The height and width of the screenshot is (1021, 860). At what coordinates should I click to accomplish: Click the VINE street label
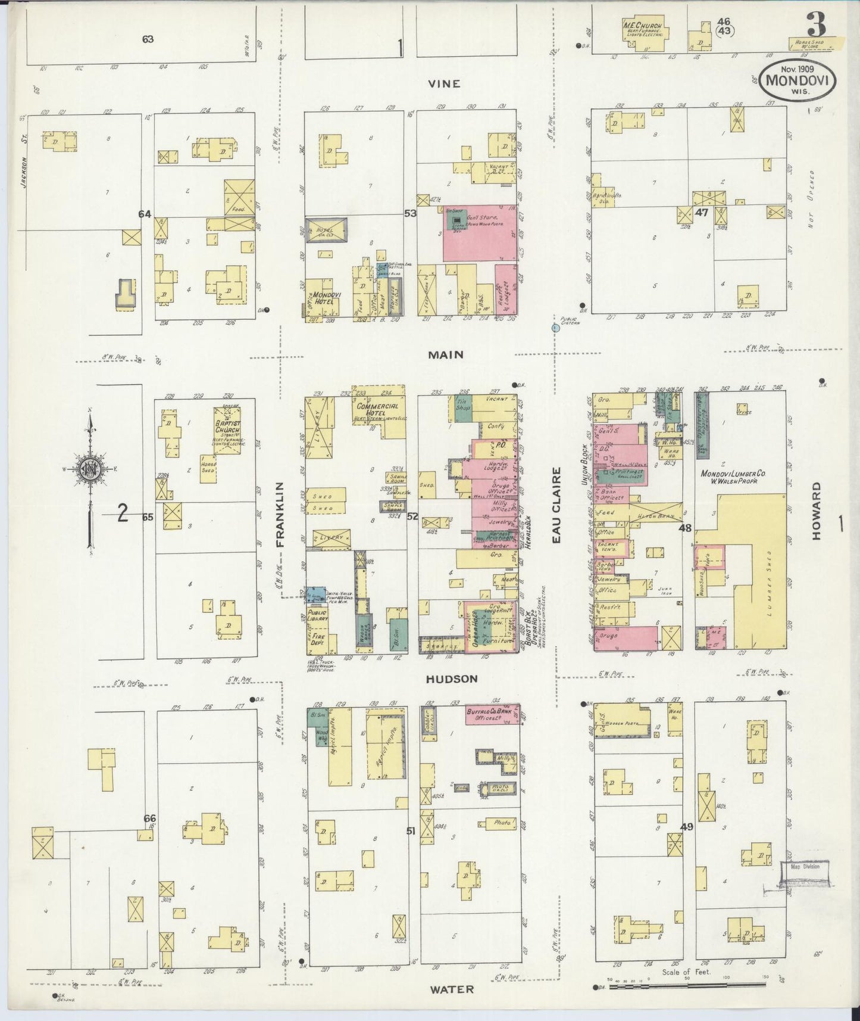[444, 84]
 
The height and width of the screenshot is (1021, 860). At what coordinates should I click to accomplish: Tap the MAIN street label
[447, 354]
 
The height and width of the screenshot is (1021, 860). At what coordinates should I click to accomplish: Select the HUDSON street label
[452, 678]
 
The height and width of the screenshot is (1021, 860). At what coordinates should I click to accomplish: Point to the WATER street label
[453, 989]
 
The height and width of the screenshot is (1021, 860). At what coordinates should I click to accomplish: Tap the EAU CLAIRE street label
[556, 505]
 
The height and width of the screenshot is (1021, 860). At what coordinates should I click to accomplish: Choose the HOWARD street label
[815, 511]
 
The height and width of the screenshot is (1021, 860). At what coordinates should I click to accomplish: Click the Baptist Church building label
[227, 429]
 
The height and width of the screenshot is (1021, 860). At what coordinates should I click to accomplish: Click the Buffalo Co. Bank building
[492, 715]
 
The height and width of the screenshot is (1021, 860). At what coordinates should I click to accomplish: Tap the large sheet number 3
[817, 26]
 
